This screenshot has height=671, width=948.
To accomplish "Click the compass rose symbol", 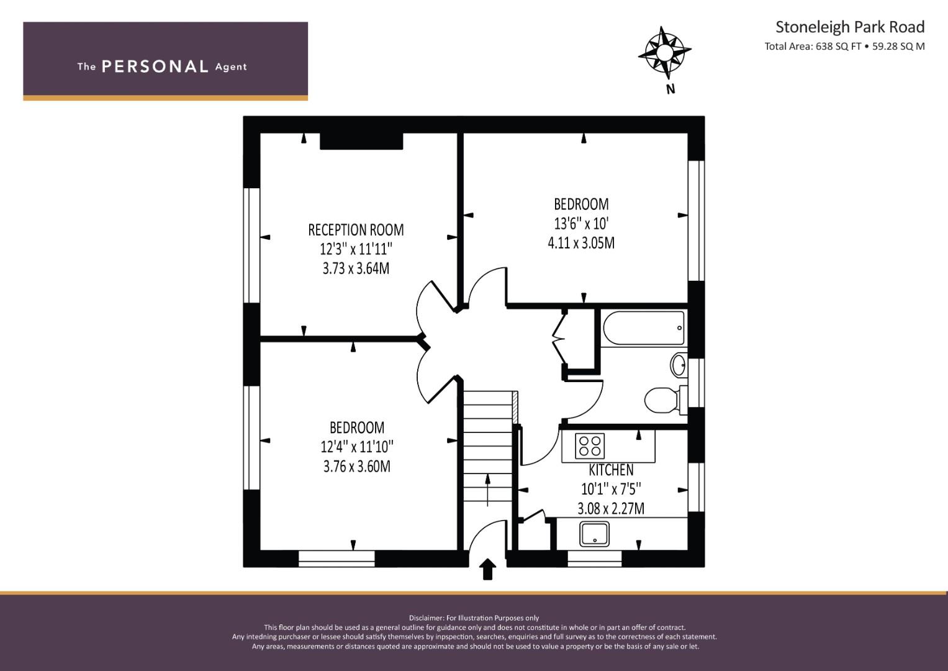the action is click(x=664, y=53).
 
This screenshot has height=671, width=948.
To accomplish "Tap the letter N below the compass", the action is click(x=670, y=89).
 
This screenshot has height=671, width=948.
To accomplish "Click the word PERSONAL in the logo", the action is click(x=155, y=66).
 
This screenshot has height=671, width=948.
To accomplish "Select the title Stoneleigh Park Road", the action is click(x=850, y=27).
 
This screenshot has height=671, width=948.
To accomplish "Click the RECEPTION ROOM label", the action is click(x=356, y=230).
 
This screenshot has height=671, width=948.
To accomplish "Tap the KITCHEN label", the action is click(x=611, y=470).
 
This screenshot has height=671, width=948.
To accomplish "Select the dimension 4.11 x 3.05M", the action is click(x=581, y=243).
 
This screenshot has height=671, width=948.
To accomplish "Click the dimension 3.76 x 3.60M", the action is click(x=357, y=466).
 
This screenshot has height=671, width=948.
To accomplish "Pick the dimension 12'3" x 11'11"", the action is click(x=356, y=249).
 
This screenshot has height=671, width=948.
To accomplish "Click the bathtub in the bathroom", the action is click(x=644, y=328).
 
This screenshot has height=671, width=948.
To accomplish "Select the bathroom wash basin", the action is click(x=679, y=364).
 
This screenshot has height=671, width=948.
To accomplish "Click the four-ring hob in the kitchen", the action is click(x=590, y=446).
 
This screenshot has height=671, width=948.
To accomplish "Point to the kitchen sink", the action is click(x=595, y=534).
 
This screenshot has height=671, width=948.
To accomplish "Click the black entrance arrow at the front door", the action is click(x=487, y=569).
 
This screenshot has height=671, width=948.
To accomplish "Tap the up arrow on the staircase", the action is click(x=487, y=490).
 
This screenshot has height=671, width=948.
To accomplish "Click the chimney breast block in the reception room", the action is click(x=361, y=141).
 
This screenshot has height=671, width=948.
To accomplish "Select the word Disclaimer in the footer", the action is click(x=426, y=618).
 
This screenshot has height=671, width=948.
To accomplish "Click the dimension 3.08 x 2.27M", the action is click(x=611, y=508).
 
